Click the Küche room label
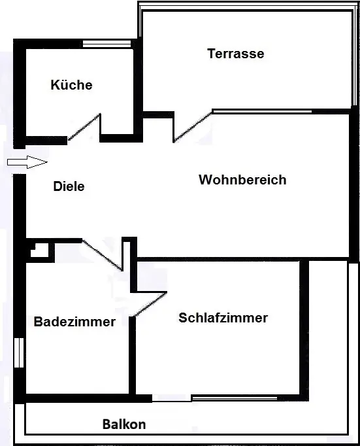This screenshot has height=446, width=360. point(72,85)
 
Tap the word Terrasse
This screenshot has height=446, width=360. point(236,54)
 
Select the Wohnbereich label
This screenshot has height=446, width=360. point(242,180)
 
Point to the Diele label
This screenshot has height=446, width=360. point(69,186)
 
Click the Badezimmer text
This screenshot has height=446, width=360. point(74,322)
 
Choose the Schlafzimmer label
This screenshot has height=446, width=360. point(223,318)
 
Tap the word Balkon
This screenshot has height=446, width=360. point(124,424)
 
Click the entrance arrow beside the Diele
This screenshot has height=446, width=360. point(27,162)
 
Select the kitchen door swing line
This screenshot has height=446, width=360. point(84,127)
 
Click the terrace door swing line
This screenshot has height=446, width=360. point(193,127)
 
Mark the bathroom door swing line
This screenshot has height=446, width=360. point(103,255)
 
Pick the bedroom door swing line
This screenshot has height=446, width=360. point(150,304)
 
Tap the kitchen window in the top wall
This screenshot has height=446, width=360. point(107,44)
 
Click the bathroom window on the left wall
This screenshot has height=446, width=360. point(19,352)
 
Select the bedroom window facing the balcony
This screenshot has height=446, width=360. point(235,398)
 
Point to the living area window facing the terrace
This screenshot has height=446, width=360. point(262,111)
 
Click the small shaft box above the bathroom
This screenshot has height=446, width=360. point(41,250)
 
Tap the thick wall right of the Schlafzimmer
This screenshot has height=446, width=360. point(304,331)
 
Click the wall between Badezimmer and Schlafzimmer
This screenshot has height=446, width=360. point(133,356)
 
